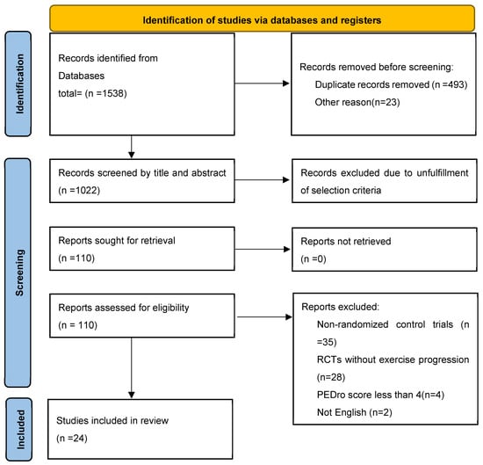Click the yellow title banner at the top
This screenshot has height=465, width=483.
tap(263, 18)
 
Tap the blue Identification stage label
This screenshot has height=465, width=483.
tap(18, 84)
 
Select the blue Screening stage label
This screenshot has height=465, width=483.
tap(18, 272)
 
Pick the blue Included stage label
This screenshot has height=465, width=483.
tap(19, 429)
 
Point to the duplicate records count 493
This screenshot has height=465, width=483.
tap(455, 84)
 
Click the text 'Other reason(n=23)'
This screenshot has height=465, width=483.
tap(357, 102)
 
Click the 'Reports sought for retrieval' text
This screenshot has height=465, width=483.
tap(117, 241)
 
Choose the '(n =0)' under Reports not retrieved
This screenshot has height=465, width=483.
tap(314, 258)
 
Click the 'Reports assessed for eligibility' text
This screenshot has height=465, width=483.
tap(124, 308)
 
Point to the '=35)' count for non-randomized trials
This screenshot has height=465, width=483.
tap(327, 342)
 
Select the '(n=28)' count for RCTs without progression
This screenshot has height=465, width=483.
tap(331, 377)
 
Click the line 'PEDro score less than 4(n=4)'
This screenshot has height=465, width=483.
tap(380, 395)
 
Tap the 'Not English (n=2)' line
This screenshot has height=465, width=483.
tap(355, 412)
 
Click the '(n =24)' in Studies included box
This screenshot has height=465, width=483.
tap(72, 438)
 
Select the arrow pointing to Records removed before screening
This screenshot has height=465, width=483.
tap(263, 84)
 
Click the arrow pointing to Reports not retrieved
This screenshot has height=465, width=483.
tap(263, 249)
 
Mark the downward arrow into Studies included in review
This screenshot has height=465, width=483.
tap(132, 367)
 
